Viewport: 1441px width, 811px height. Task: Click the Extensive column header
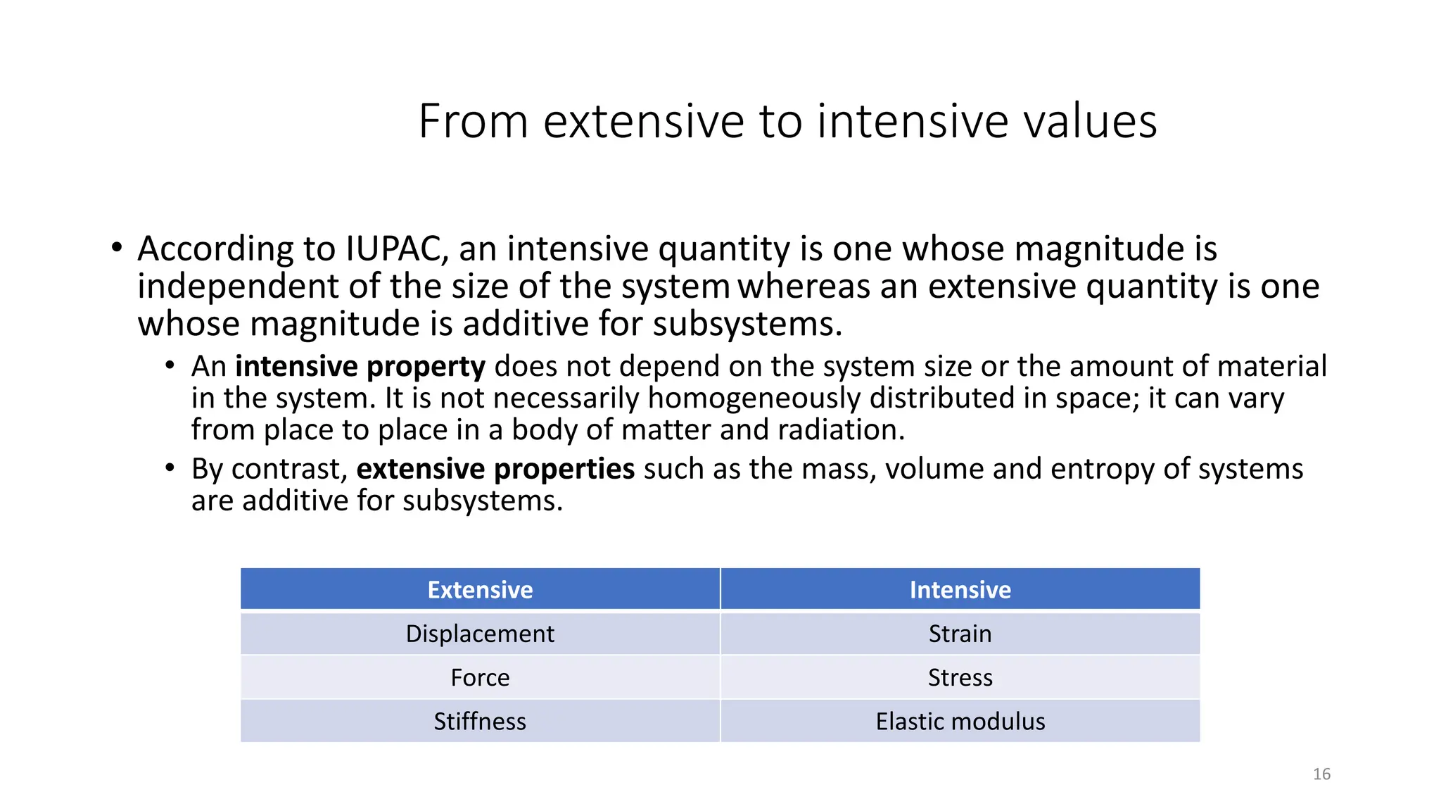(480, 589)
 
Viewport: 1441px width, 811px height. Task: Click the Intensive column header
(960, 589)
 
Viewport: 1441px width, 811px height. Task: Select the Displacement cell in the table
(480, 634)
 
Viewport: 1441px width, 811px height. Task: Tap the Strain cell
(960, 634)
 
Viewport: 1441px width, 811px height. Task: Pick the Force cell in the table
(480, 677)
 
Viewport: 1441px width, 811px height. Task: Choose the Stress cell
(960, 677)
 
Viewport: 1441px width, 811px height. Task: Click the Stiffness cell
(480, 721)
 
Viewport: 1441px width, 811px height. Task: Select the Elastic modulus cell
(960, 721)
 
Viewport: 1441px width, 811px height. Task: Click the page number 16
(1321, 774)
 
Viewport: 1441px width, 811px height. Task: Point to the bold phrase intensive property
(360, 367)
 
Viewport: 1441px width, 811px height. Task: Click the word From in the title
(472, 121)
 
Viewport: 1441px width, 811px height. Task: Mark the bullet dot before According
(117, 248)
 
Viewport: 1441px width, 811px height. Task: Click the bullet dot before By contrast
(170, 467)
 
